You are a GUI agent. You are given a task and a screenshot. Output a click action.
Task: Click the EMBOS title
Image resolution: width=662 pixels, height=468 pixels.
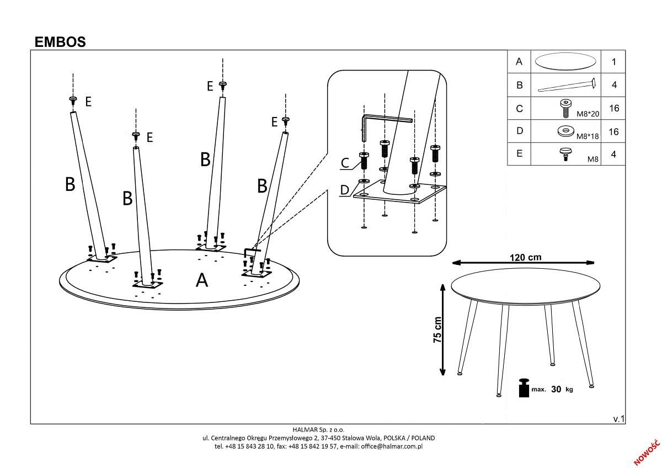(x=60, y=42)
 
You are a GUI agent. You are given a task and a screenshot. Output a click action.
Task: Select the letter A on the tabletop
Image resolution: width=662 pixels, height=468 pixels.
(x=202, y=280)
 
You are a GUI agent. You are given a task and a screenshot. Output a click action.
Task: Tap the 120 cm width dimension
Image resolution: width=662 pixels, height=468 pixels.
(x=525, y=257)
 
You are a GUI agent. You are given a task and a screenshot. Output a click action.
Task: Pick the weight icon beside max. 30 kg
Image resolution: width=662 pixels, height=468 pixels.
(x=523, y=387)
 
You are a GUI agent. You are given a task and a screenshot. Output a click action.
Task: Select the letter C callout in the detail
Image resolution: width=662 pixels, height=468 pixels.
(x=345, y=163)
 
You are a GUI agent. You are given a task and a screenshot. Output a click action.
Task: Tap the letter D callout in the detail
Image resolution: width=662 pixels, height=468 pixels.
(x=344, y=190)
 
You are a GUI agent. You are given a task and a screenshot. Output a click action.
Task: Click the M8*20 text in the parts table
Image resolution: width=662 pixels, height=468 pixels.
(x=588, y=113)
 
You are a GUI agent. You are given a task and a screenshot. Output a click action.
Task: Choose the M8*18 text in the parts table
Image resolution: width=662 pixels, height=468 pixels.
(x=588, y=136)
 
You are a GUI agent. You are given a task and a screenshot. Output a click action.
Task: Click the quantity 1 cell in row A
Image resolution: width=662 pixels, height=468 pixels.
(x=614, y=62)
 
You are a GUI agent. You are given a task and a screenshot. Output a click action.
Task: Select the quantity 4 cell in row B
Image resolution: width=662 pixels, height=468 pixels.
(x=614, y=85)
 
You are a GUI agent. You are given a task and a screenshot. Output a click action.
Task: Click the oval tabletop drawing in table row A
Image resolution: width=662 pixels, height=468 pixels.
(x=566, y=62)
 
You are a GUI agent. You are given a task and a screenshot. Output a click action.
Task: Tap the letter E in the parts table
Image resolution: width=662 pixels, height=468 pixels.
(x=519, y=155)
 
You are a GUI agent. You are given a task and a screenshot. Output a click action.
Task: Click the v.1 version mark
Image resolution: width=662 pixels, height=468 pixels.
(x=618, y=419)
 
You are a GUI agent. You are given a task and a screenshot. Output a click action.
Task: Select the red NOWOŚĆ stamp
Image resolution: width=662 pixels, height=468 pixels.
(x=647, y=451)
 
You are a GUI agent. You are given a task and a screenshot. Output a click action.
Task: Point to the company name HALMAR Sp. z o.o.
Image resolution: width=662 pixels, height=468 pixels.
(x=318, y=429)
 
